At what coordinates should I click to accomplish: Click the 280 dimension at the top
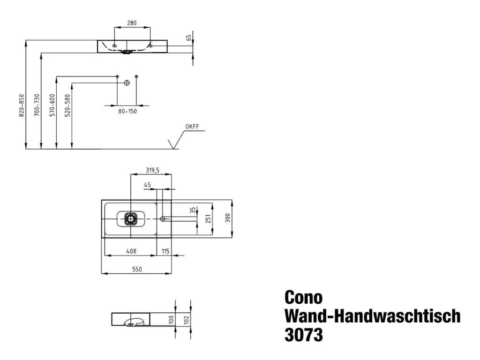click(x=131, y=23)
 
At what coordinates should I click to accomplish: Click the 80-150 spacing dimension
click(x=127, y=112)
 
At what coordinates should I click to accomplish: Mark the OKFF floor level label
click(x=192, y=127)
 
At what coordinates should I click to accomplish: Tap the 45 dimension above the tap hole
click(x=147, y=185)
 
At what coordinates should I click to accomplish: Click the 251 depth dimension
click(x=209, y=219)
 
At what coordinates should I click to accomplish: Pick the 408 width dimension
click(x=131, y=251)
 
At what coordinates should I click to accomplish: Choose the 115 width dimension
click(x=165, y=251)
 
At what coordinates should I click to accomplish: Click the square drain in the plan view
click(x=131, y=218)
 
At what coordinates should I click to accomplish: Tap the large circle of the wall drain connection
click(x=126, y=82)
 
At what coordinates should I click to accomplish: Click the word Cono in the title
click(x=303, y=298)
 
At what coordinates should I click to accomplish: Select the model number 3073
click(x=304, y=335)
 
